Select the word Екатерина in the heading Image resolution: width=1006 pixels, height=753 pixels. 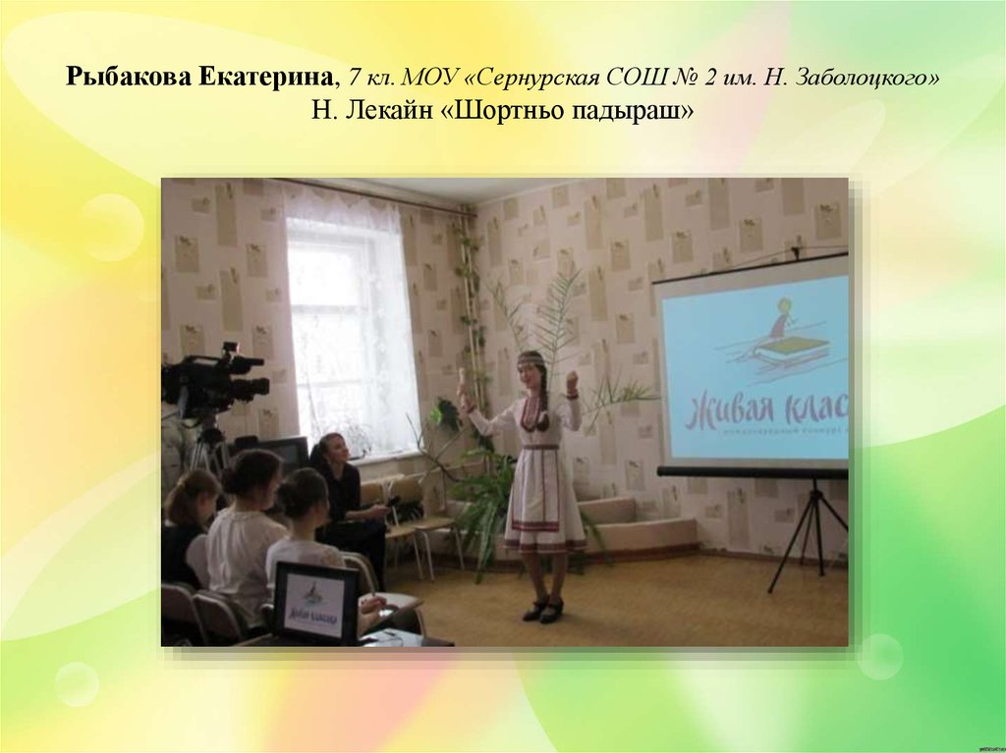(269, 78)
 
